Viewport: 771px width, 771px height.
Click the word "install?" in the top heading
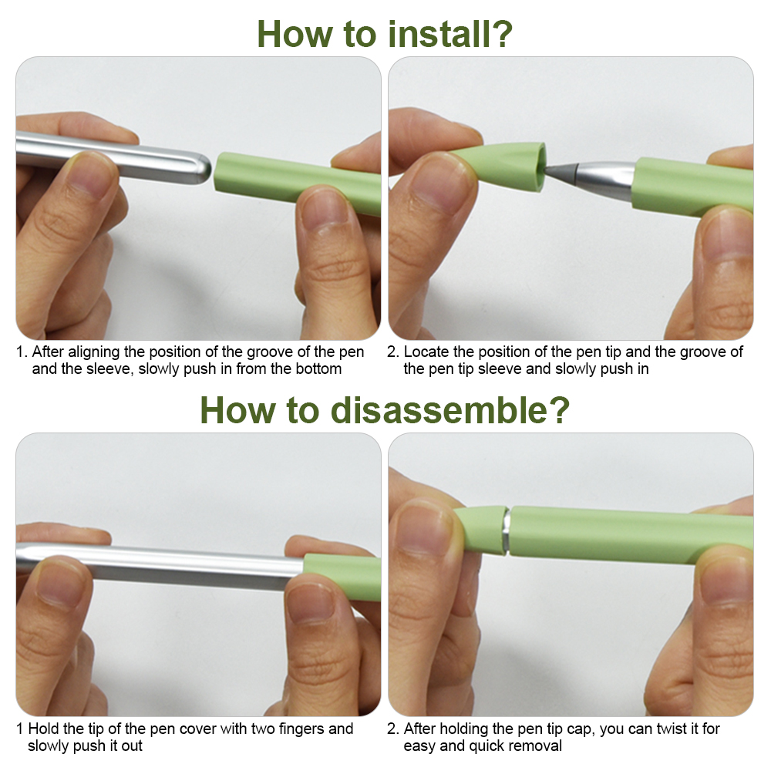click(450, 35)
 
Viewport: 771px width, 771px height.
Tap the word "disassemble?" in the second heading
click(450, 410)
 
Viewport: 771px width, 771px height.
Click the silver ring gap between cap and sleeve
click(506, 531)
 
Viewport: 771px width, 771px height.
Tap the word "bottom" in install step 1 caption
click(318, 369)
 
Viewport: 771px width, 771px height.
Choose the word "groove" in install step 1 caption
click(270, 352)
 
